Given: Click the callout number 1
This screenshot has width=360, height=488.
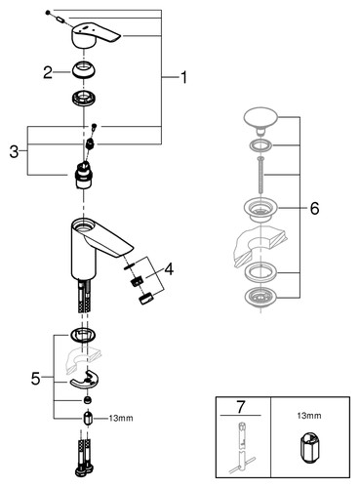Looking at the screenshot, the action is point(183,77).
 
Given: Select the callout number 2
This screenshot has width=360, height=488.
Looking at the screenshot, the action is point(48,72).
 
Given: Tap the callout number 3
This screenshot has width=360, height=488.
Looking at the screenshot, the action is point(14,151).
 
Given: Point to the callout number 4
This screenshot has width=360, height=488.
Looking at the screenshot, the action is point(169,269).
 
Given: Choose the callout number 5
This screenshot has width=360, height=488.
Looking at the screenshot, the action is point(36,379).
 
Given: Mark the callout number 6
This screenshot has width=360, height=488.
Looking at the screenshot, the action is point(314,208).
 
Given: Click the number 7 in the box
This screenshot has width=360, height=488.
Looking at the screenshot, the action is point(240,407).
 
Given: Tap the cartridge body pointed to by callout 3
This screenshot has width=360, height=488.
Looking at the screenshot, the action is point(84,176).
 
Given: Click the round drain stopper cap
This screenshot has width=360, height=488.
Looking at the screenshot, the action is point(260,119).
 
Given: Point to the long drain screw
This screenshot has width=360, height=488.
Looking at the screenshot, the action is point(260,176).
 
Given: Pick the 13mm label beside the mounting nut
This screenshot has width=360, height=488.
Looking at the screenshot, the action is point(121,419).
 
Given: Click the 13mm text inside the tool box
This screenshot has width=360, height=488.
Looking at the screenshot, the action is point(309,416).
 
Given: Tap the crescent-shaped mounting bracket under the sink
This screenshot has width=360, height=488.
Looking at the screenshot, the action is point(84,380).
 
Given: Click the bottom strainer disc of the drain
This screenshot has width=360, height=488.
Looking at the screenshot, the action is point(260,297).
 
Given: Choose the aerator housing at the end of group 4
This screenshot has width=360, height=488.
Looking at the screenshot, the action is point(146,298).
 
